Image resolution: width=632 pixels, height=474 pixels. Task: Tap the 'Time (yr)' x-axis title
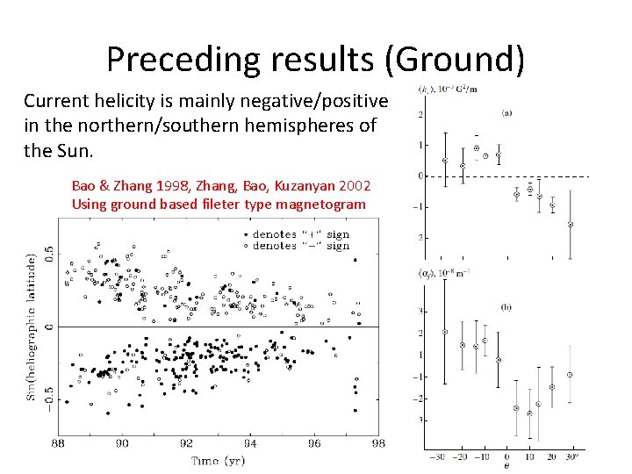tap(219, 461)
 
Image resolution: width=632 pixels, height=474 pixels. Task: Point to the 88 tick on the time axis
tap(58, 444)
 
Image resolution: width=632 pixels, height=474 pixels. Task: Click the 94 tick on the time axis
tap(250, 444)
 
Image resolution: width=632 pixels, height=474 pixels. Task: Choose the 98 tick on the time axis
tap(378, 444)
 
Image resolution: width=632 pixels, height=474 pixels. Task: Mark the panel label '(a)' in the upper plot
tap(506, 112)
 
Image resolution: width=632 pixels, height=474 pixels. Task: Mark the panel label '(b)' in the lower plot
tap(506, 306)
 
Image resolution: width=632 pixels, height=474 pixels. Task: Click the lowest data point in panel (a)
tap(571, 224)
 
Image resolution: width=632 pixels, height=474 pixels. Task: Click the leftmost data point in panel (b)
tap(445, 332)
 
